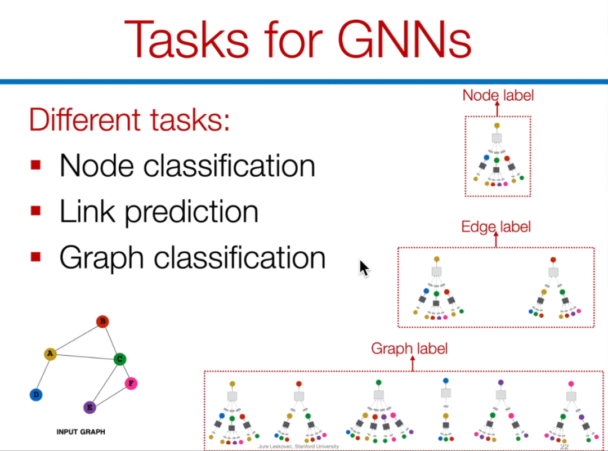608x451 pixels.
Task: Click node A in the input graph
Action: coord(50,354)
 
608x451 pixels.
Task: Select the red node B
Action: coord(102,322)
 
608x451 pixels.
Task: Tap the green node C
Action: coord(119,359)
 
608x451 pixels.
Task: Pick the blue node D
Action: coord(36,395)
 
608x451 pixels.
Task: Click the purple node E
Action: coord(90,407)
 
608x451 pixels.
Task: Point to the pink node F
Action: coord(131,384)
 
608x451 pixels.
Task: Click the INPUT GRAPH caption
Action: coord(81,432)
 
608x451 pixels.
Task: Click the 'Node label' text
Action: coord(498,95)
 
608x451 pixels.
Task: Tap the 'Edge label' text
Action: coord(496,227)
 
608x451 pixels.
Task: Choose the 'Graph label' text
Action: coord(409,349)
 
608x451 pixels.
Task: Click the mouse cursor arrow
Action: coord(364,267)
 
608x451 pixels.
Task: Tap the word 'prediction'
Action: coord(191,212)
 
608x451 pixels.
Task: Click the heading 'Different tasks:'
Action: coord(129,120)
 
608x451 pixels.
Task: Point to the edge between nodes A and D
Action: coord(43,374)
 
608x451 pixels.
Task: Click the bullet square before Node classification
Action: coord(36,165)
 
